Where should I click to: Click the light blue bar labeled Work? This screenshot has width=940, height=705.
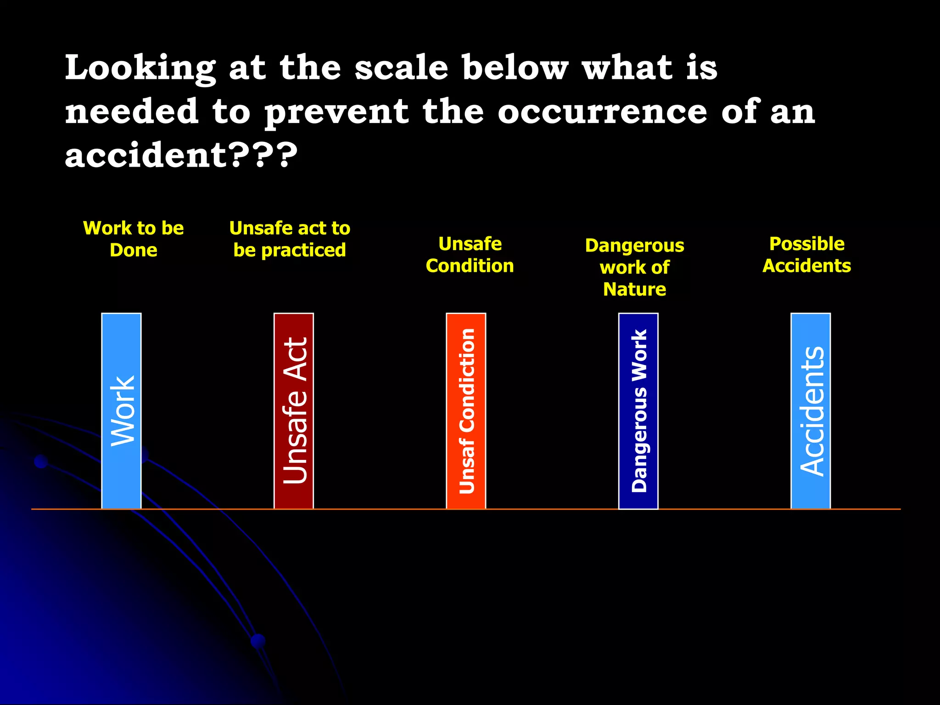[x=121, y=411]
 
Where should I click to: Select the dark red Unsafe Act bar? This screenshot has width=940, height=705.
[x=294, y=411]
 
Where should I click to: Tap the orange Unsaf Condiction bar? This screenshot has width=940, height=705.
[x=466, y=411]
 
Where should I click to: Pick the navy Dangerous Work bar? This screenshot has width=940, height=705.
[x=638, y=411]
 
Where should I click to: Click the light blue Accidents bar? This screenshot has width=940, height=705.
[x=811, y=411]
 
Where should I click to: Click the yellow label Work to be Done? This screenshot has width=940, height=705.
[x=133, y=239]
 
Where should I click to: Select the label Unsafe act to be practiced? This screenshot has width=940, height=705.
[x=290, y=239]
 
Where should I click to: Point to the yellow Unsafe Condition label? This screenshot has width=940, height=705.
[x=470, y=255]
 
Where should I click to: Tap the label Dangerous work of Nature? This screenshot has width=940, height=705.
[x=634, y=267]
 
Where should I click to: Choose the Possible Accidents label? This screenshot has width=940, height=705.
[x=806, y=255]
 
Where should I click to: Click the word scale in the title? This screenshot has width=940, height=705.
[x=401, y=68]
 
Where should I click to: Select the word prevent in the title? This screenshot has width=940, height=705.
[x=336, y=112]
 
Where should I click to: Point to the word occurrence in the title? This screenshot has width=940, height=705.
[x=602, y=112]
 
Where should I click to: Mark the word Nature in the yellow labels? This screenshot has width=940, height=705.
[x=634, y=289]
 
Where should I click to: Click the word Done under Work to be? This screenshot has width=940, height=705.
[x=133, y=250]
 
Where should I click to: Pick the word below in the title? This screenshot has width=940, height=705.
[x=515, y=68]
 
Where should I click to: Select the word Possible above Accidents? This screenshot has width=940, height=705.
[x=806, y=244]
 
